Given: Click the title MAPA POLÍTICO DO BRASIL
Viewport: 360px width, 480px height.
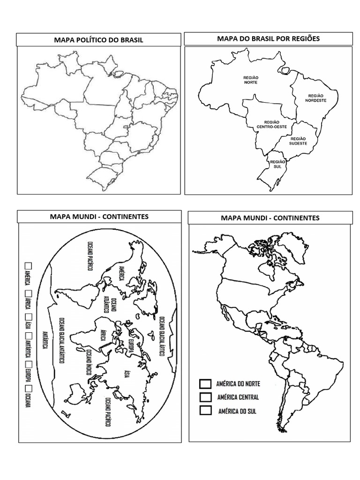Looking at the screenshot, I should (x=98, y=40).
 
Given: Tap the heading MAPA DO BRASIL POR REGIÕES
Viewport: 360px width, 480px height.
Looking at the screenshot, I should (x=268, y=38).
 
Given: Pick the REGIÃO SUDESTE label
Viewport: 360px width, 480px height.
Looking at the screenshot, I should (x=298, y=141).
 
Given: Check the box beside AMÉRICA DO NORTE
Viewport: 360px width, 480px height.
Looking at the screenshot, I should (x=204, y=384).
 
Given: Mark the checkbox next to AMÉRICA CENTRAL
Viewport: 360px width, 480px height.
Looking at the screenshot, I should (x=204, y=397).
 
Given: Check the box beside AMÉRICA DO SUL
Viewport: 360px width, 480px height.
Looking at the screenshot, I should (x=204, y=411).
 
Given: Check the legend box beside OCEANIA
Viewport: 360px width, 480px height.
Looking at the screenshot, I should (x=28, y=389).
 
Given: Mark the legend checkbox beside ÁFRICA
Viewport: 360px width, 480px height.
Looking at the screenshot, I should (x=28, y=294).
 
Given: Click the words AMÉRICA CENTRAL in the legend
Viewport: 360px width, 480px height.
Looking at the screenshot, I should (x=238, y=397).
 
